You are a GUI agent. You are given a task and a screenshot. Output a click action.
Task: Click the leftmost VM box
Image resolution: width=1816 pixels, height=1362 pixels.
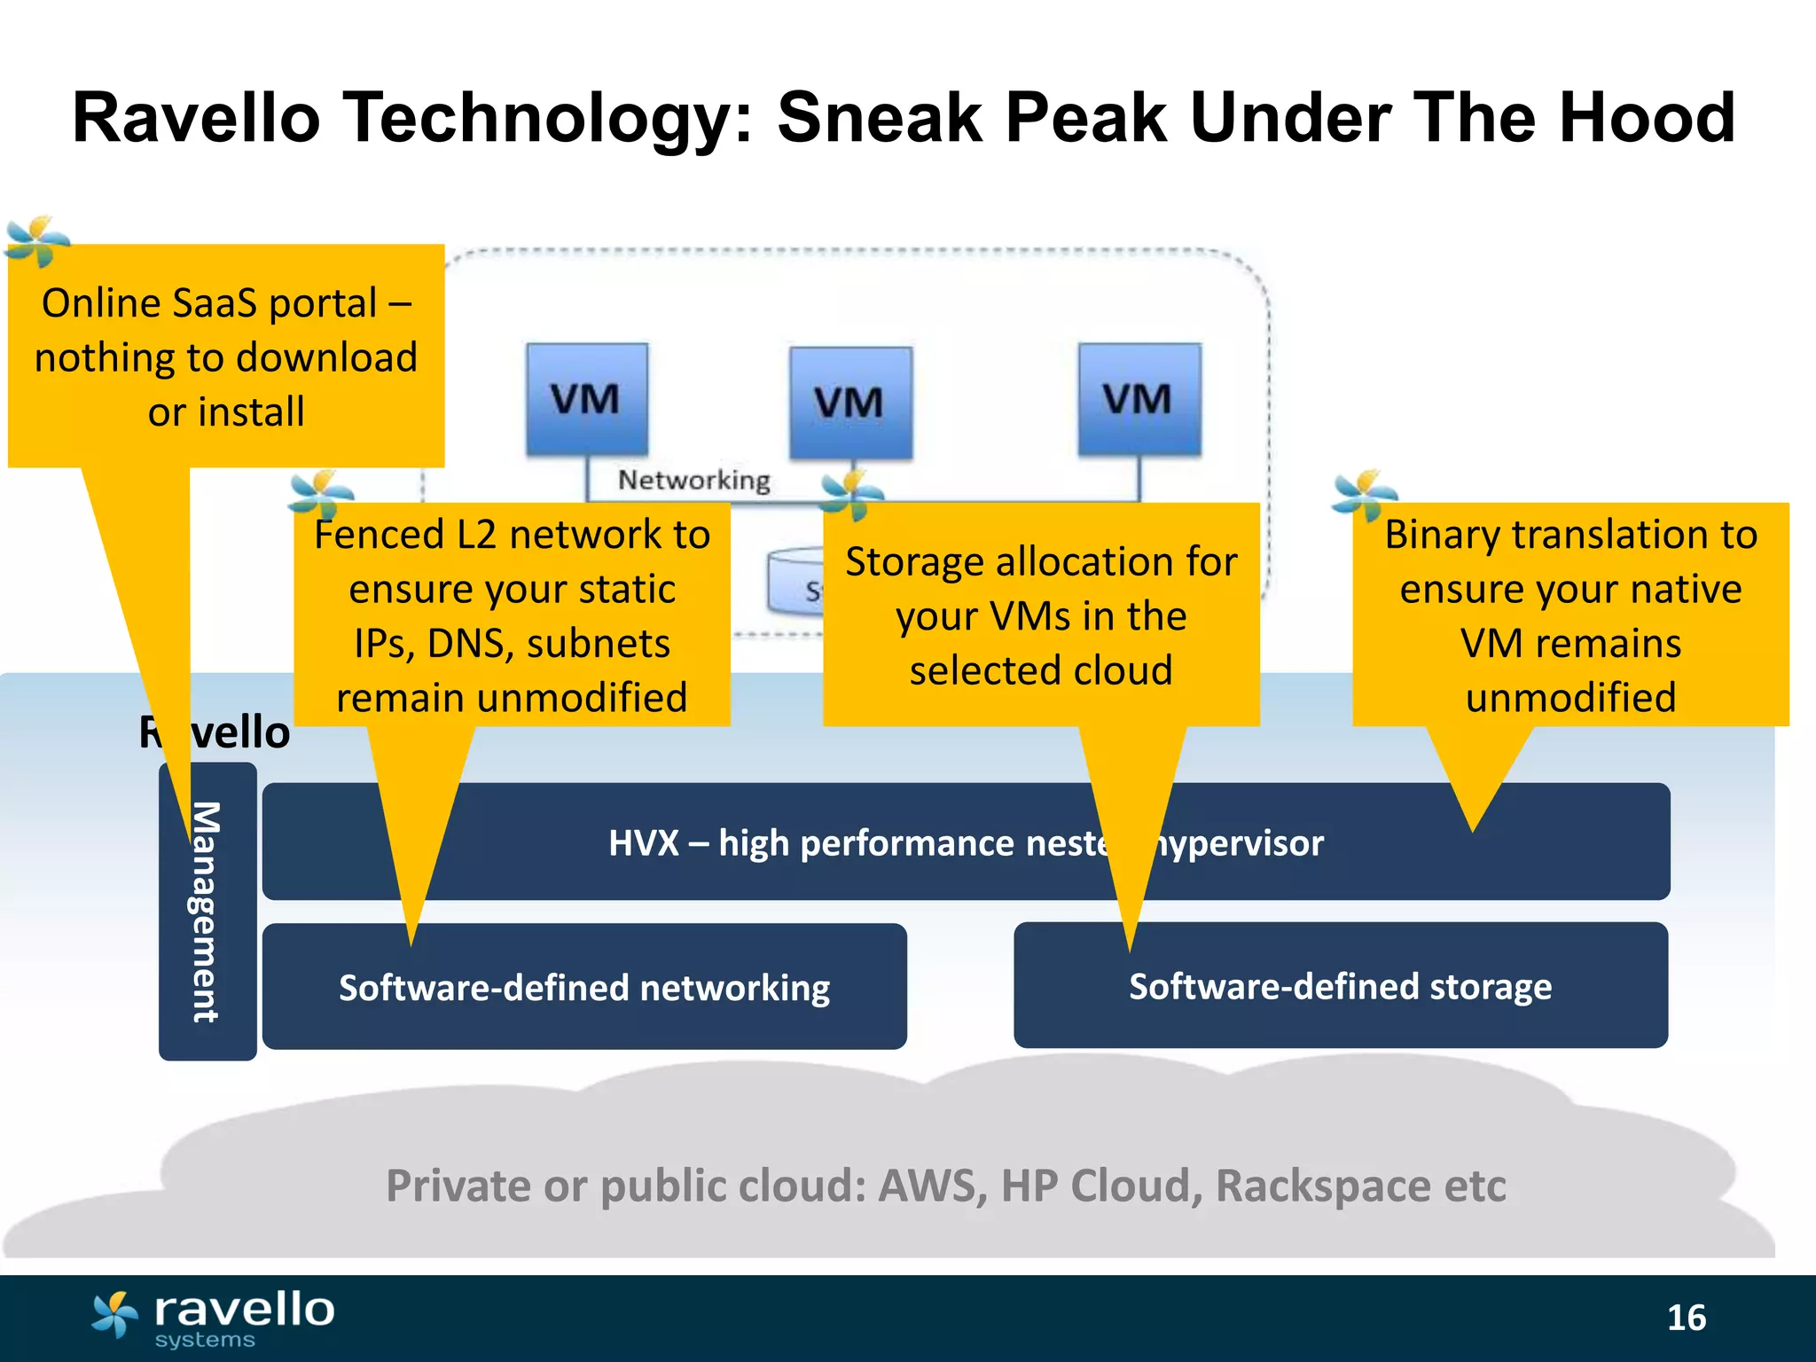coord(586,399)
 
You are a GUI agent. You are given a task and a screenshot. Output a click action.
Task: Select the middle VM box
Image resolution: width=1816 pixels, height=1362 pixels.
coord(850,403)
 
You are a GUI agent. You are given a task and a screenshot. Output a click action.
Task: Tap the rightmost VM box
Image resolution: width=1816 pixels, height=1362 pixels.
coord(1139,399)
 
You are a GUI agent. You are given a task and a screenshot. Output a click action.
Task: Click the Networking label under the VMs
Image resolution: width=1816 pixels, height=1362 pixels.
coord(693,481)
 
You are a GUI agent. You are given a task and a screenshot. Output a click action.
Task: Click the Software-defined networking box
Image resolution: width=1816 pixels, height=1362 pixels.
coord(584,987)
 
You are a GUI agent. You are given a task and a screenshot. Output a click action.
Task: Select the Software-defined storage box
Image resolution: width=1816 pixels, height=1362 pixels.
coord(1340,986)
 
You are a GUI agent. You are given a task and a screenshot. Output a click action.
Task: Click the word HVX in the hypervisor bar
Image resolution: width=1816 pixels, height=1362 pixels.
coord(643,842)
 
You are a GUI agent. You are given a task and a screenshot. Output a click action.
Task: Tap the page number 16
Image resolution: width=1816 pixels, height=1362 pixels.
coord(1686,1318)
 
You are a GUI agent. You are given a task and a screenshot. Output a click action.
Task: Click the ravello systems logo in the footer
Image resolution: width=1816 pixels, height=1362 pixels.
coord(213,1318)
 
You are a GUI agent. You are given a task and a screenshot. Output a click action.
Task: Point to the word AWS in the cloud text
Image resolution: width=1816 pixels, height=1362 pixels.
coord(930,1186)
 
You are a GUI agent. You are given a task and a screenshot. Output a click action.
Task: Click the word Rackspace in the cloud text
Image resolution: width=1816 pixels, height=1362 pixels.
coord(1322,1186)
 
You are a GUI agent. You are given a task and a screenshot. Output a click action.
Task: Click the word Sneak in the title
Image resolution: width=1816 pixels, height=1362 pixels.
coord(879,118)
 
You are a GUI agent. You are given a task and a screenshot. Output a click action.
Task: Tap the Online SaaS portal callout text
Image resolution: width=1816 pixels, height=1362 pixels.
coord(226,356)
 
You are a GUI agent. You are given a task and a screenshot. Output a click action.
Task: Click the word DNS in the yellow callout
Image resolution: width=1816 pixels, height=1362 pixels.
coord(465,644)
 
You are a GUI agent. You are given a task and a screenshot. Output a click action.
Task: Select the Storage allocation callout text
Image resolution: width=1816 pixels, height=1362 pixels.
coord(1040,615)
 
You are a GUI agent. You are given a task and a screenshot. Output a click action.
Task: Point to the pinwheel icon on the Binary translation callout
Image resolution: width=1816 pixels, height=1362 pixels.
coord(1364,495)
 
